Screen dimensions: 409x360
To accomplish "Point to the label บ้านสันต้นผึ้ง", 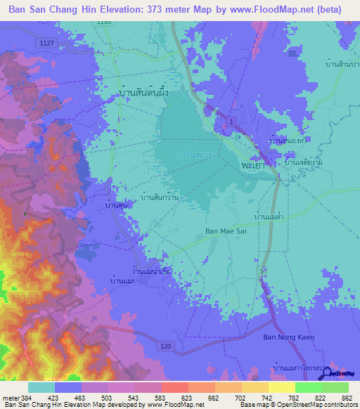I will pyautogui.click(x=147, y=91).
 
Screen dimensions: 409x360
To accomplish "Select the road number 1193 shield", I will pyautogui.click(x=105, y=23).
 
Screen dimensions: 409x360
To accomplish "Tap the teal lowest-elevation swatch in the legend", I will pyautogui.click(x=41, y=387).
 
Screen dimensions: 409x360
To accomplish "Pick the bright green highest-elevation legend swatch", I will pyautogui.click(x=335, y=387).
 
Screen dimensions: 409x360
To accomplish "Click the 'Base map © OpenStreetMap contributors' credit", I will pyautogui.click(x=297, y=405).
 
